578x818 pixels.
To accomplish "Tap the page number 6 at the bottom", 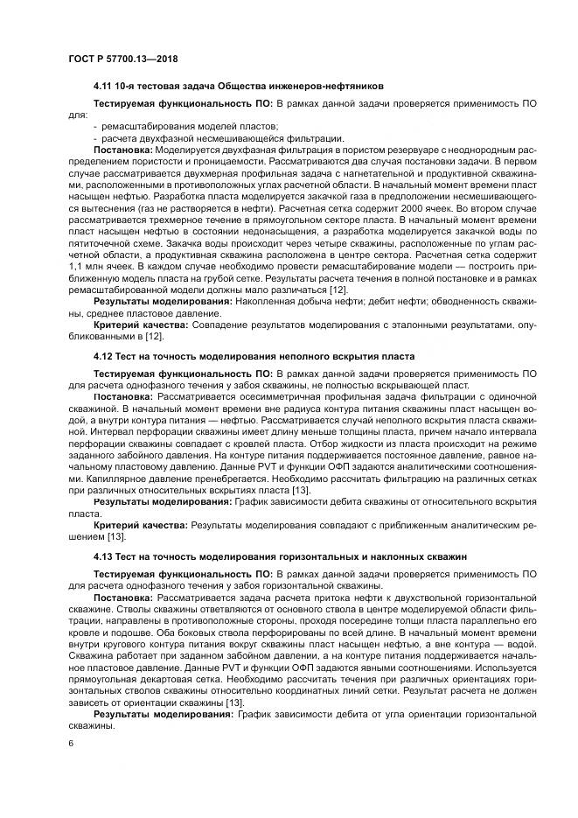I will point(71,743).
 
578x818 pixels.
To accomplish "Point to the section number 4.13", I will point(104,556).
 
